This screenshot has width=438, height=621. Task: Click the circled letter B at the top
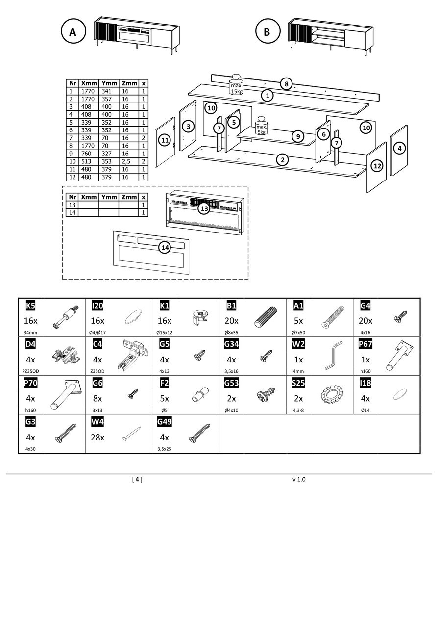267,32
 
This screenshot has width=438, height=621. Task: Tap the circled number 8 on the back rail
287,84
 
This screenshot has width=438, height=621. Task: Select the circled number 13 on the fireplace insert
204,208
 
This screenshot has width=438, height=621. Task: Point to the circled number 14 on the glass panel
165,248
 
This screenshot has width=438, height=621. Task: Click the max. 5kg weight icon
261,126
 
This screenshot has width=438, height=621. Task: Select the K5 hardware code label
30,306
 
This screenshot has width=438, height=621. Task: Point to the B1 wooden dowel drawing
266,317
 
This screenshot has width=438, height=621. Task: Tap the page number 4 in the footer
137,479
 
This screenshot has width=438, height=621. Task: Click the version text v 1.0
299,479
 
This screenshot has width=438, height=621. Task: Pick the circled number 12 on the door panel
377,166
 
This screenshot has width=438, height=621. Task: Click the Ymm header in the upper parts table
109,83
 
